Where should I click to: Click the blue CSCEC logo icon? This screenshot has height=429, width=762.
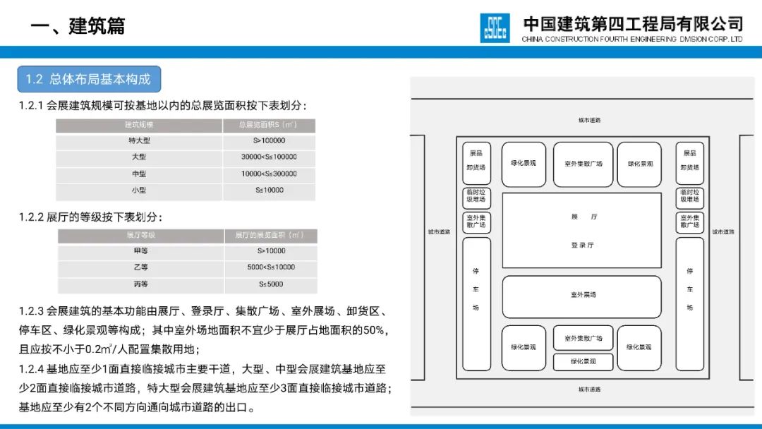pos(495,28)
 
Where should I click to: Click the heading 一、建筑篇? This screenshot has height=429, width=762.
pos(78,26)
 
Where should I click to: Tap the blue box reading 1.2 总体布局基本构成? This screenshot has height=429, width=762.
pos(88,79)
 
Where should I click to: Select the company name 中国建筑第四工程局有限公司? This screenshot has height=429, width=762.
pos(633,23)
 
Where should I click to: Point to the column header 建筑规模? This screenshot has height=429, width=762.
pos(139,125)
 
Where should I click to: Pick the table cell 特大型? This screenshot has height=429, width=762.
pos(139,140)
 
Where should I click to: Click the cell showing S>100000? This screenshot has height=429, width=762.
pos(269,140)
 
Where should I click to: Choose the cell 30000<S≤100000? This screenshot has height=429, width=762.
pos(269,157)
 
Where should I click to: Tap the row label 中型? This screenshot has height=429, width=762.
pos(139,174)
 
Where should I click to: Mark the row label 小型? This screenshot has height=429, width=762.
pos(139,190)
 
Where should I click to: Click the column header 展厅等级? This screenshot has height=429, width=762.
pos(140,234)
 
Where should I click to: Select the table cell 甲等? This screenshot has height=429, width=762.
pos(140,250)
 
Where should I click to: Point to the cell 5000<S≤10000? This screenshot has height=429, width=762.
pos(271,267)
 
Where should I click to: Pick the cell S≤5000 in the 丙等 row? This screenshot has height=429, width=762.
pos(271,284)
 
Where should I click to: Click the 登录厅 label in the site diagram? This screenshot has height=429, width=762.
pos(582,246)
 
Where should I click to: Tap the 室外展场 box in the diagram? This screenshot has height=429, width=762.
pos(582,295)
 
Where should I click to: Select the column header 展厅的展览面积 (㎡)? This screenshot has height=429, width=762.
pos(271,234)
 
